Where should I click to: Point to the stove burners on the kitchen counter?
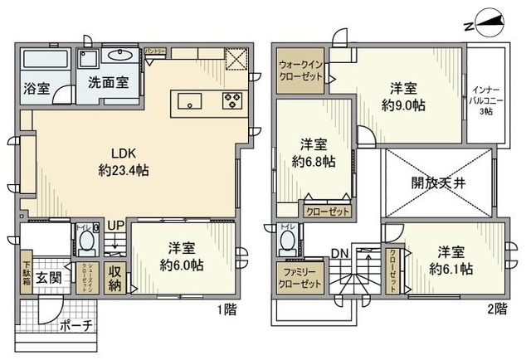coord(231,102)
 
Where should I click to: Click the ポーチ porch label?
coord(76,326)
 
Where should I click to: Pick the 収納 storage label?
coord(115,279)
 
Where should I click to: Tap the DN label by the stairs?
coord(339,254)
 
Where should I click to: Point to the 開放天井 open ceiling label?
coord(437,183)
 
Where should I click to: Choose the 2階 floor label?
coord(497,309)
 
